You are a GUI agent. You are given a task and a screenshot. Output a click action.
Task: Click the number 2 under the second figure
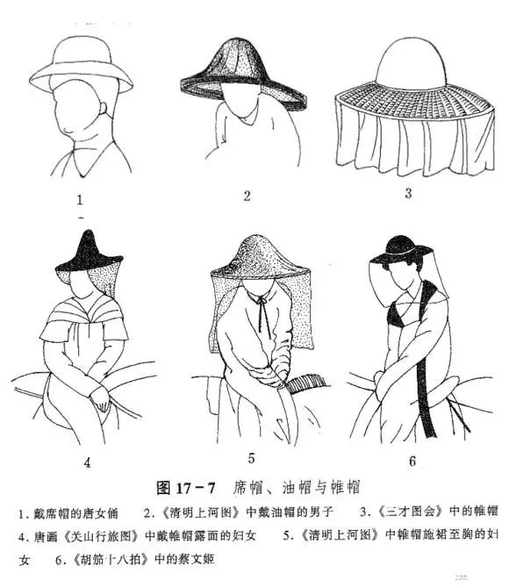pyautogui.click(x=247, y=194)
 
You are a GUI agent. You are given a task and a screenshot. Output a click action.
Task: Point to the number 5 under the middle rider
pyautogui.click(x=251, y=457)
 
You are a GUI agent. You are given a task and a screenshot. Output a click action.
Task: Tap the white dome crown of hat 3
pyautogui.click(x=408, y=61)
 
